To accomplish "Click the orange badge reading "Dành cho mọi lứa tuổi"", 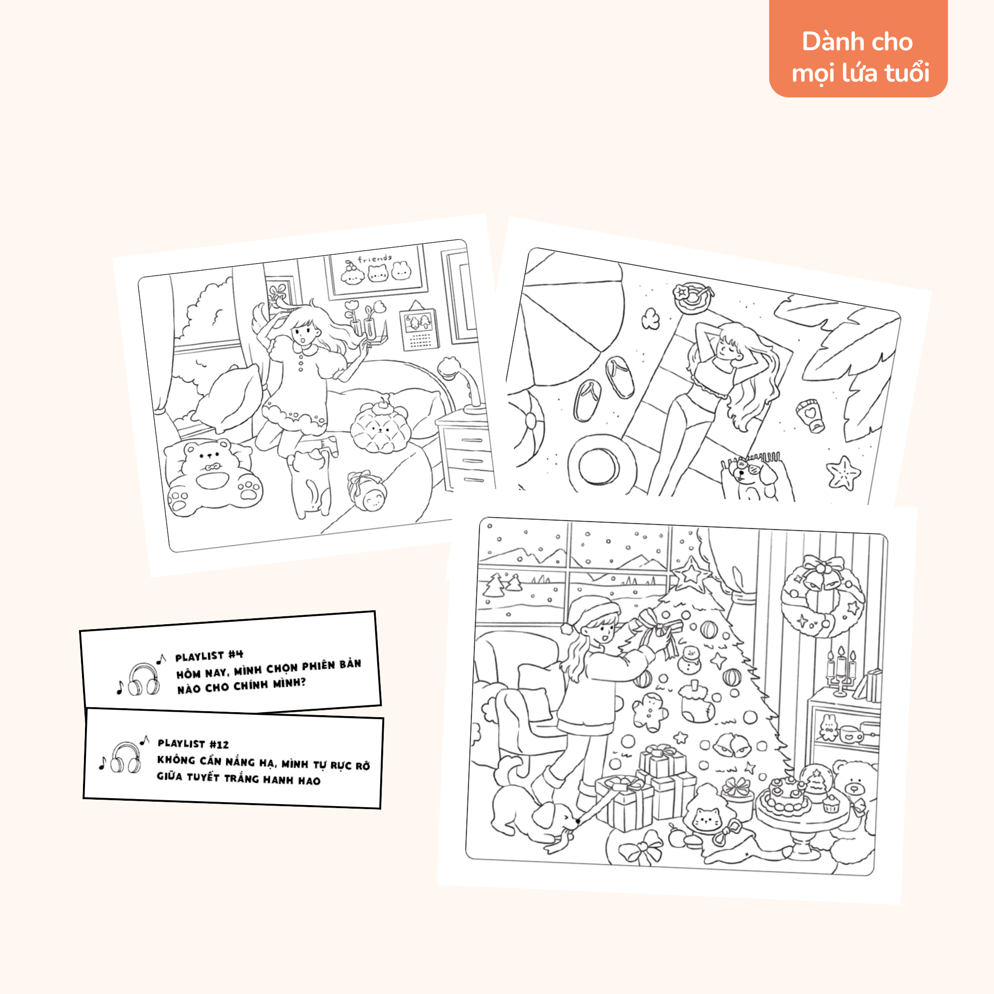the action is point(858,49).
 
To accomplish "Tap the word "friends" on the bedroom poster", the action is point(375,259).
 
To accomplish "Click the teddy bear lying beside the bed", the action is point(213,477).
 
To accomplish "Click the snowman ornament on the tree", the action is point(689,660).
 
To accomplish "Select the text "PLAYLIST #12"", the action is point(193,744).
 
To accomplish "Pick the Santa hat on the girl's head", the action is point(590,612).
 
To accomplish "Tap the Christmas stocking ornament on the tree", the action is point(697,702).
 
